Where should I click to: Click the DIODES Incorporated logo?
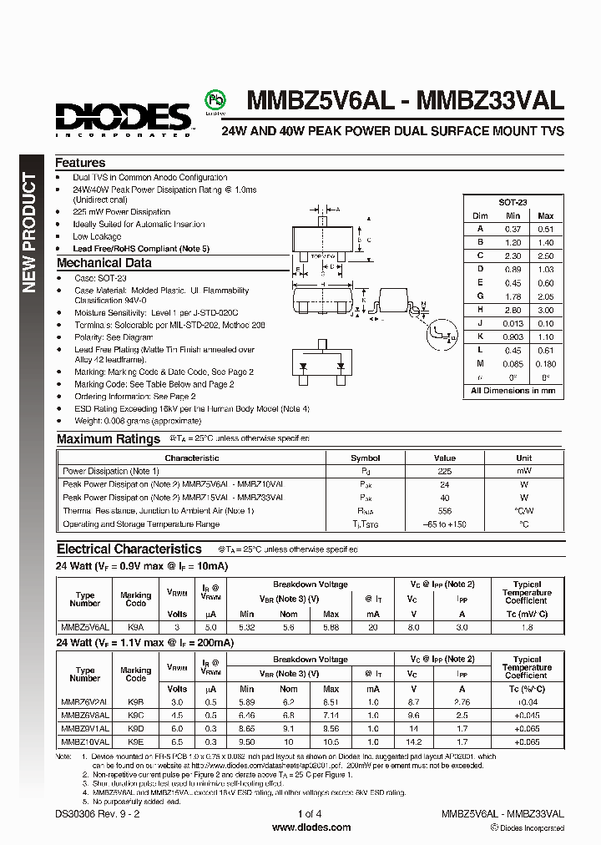(124, 117)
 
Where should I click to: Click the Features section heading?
(80, 163)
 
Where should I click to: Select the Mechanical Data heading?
(104, 263)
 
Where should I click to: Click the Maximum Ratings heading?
(109, 438)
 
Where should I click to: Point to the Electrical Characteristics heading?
(129, 549)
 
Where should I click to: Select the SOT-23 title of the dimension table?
(513, 203)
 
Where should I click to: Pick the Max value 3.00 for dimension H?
(545, 310)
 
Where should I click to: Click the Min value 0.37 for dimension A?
(512, 229)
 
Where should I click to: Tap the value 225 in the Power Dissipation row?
(445, 471)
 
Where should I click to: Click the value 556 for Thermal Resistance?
(445, 511)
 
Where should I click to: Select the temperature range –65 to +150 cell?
(445, 524)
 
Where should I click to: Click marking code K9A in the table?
(135, 626)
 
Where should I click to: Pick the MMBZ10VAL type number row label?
(85, 741)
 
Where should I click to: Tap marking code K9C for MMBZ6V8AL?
(135, 715)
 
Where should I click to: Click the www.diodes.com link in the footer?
(300, 827)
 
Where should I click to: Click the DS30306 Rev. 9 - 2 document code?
(98, 814)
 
